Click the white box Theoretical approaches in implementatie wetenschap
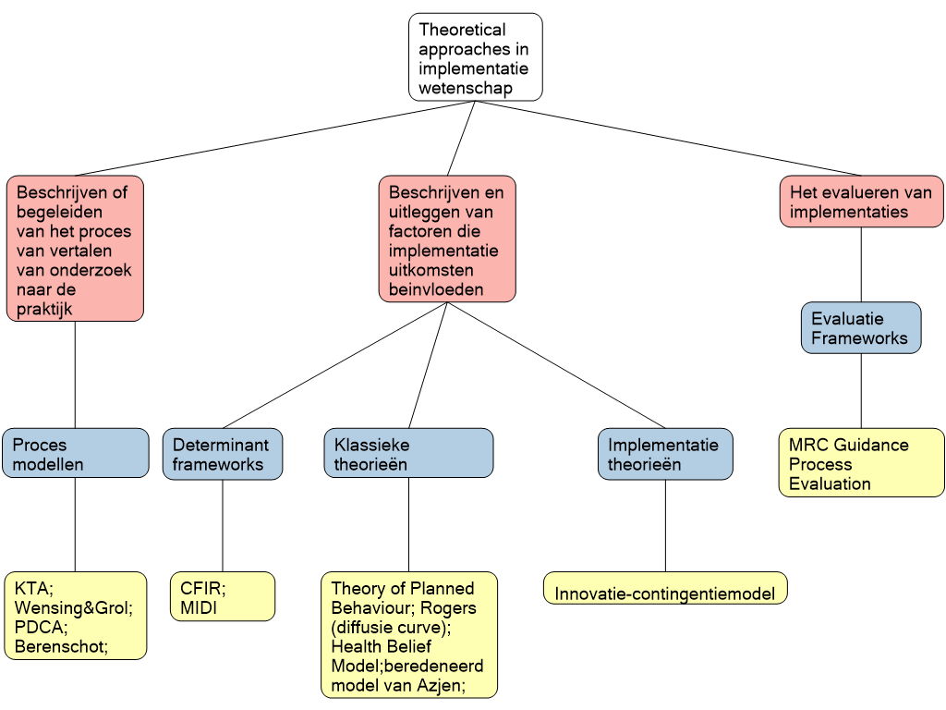pos(475,56)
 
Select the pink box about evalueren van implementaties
pos(861,202)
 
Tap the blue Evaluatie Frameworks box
pos(860,328)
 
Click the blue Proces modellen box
pos(75,453)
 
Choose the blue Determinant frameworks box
pos(222,453)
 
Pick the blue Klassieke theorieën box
pos(408,453)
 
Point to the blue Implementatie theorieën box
pos(664,453)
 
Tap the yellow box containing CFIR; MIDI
pos(222,596)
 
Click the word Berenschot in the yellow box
pos(59,646)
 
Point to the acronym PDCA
pos(39,627)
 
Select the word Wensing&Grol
pos(72,607)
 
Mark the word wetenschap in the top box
pos(465,89)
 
